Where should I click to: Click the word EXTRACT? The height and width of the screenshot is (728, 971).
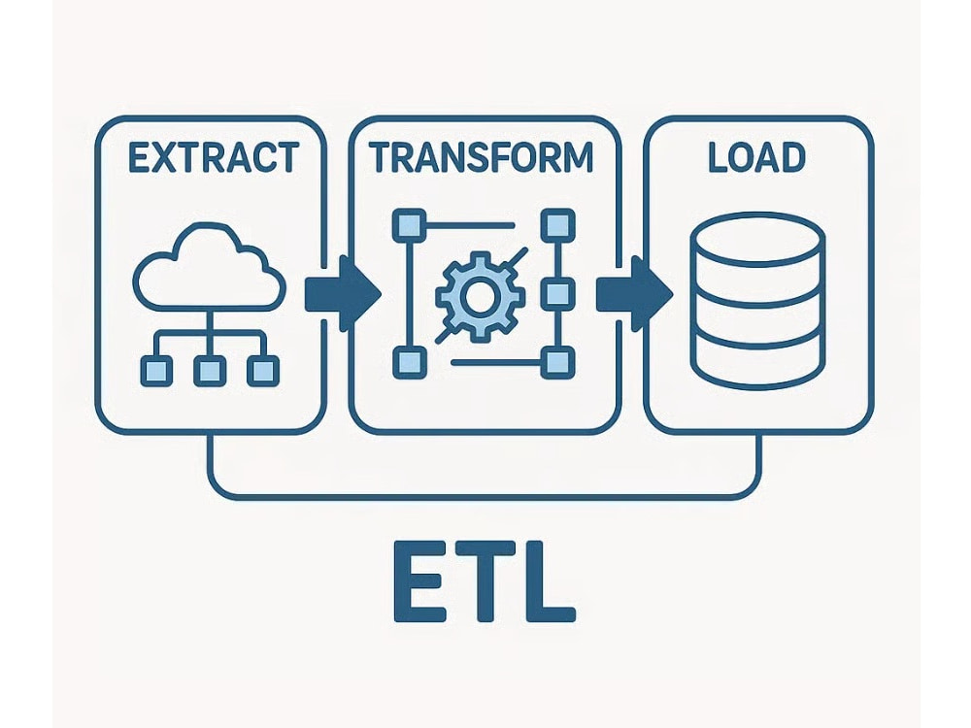[x=214, y=157]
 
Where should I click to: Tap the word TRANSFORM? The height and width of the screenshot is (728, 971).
[x=482, y=157]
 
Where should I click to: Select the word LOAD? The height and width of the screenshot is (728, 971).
[x=756, y=157]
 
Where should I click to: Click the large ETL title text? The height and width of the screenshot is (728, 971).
[x=485, y=580]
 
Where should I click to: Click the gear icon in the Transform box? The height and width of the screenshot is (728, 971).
[x=479, y=296]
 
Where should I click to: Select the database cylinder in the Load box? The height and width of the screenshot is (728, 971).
[x=757, y=301]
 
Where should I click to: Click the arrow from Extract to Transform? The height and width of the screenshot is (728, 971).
[x=343, y=293]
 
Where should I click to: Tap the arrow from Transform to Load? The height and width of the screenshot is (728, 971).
[x=634, y=293]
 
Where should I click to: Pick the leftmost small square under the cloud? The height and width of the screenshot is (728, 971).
[x=156, y=371]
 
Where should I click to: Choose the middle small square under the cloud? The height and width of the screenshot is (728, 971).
[x=210, y=371]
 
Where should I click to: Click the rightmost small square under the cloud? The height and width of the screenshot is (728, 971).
[x=263, y=371]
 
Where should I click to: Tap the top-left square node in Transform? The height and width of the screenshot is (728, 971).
[x=410, y=225]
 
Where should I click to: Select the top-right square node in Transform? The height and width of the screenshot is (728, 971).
[x=558, y=225]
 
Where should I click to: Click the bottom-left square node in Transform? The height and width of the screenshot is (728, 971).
[x=410, y=362]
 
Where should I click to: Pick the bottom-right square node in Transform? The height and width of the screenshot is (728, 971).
[x=558, y=362]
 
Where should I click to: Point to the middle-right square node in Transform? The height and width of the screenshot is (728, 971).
[x=558, y=293]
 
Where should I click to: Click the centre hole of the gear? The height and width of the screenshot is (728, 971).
[x=479, y=296]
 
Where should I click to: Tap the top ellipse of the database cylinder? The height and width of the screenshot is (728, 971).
[x=757, y=238]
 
